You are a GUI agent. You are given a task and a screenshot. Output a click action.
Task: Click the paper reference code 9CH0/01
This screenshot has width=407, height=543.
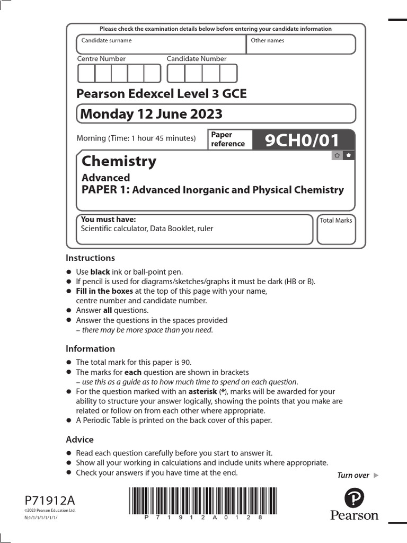(x=301, y=141)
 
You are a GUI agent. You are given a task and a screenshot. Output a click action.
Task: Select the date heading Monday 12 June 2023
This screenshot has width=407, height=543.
(x=151, y=114)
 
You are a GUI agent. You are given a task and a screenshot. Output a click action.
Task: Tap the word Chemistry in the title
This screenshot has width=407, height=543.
(x=119, y=161)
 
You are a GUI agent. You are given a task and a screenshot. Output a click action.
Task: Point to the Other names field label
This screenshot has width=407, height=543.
(x=268, y=40)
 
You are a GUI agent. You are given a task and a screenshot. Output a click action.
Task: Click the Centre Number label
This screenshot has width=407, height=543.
(x=102, y=59)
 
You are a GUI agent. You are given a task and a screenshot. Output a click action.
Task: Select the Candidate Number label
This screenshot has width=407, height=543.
(x=197, y=59)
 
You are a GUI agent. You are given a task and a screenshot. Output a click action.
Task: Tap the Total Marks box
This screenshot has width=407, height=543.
(x=336, y=229)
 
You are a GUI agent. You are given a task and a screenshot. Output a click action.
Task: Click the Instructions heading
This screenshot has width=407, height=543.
(x=90, y=258)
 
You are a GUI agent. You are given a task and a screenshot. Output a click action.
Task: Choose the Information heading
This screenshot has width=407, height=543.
(x=90, y=349)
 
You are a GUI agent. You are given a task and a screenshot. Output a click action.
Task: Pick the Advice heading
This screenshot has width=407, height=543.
(x=79, y=440)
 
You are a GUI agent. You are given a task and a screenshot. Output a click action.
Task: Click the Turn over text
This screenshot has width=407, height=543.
(x=353, y=475)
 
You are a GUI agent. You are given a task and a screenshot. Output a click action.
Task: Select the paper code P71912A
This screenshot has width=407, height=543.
(x=50, y=500)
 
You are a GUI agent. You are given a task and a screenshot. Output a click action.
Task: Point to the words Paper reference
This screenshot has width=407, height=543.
(x=228, y=139)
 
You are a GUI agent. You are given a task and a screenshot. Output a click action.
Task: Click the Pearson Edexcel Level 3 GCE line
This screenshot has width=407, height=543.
(x=162, y=94)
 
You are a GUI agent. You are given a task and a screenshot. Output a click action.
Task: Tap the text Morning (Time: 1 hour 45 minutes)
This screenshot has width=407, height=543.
(x=136, y=138)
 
